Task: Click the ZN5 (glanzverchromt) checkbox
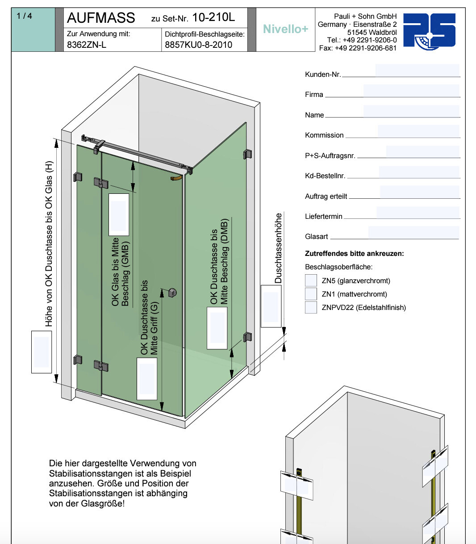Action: point(311,280)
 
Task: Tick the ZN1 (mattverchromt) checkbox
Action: point(311,294)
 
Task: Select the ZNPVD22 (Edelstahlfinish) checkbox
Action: point(311,307)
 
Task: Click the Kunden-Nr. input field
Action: point(417,70)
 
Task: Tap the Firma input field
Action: point(411,90)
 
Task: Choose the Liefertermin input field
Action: point(418,212)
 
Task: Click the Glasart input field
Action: point(413,232)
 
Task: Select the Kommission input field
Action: point(418,131)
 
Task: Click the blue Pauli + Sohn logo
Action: point(429,31)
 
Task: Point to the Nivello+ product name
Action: point(285,29)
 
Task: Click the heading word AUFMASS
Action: point(101,18)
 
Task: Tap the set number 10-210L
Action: point(213,17)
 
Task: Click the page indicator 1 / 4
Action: point(24,16)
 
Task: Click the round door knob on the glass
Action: point(172,293)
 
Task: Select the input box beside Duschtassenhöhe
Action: point(271,306)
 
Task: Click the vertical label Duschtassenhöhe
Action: point(279,248)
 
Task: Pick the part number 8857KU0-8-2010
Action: point(198,45)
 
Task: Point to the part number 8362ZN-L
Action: point(87,45)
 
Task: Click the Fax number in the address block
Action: point(358,48)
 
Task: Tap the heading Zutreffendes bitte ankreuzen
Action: point(354,254)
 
